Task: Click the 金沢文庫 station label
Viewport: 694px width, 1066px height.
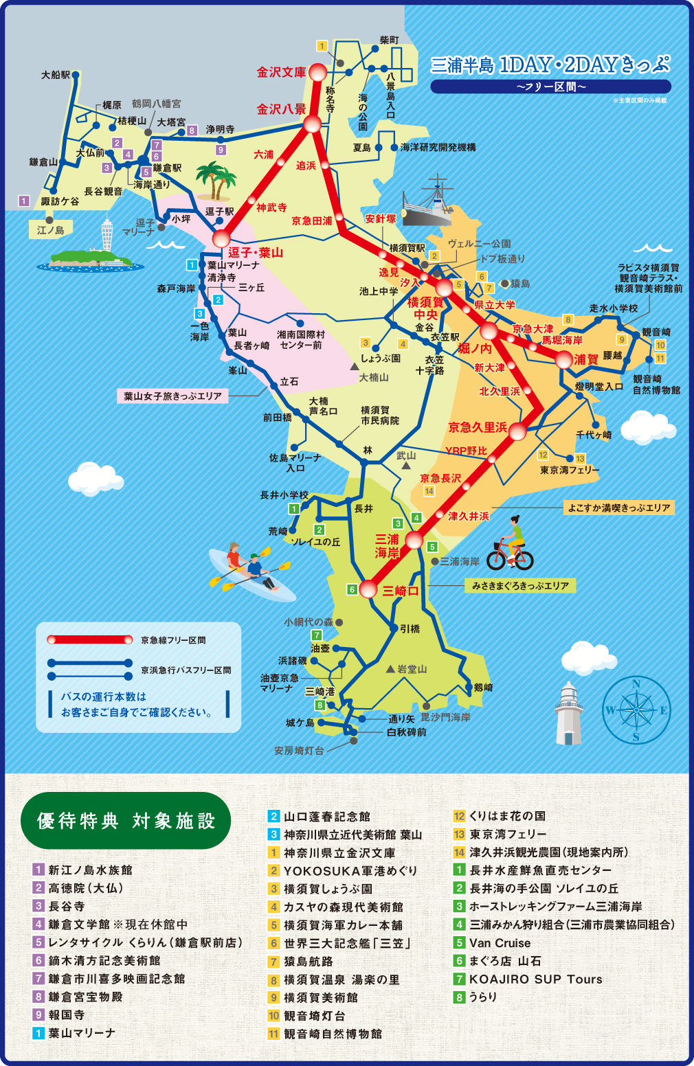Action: tap(281, 72)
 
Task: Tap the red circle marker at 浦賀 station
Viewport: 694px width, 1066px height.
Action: tap(563, 359)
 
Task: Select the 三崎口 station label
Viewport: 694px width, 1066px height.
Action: tap(401, 591)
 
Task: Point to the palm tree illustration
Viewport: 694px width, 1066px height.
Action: tap(215, 181)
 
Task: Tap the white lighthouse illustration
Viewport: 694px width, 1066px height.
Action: tap(569, 714)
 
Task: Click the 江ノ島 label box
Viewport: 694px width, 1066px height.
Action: tap(50, 230)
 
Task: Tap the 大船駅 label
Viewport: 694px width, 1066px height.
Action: tap(56, 75)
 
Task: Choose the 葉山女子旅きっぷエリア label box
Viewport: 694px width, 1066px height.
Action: tap(172, 396)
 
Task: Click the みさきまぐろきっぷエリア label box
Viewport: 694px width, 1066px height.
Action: tap(520, 586)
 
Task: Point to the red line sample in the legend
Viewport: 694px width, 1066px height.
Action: tap(89, 640)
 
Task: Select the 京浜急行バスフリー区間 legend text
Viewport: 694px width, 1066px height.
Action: tap(186, 670)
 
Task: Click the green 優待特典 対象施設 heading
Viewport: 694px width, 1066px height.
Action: tap(126, 821)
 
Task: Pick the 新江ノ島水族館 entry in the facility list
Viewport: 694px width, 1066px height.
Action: tap(90, 870)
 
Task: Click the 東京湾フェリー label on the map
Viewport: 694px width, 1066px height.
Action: tap(570, 470)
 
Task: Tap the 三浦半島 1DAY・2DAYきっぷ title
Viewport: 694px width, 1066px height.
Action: tap(550, 65)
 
